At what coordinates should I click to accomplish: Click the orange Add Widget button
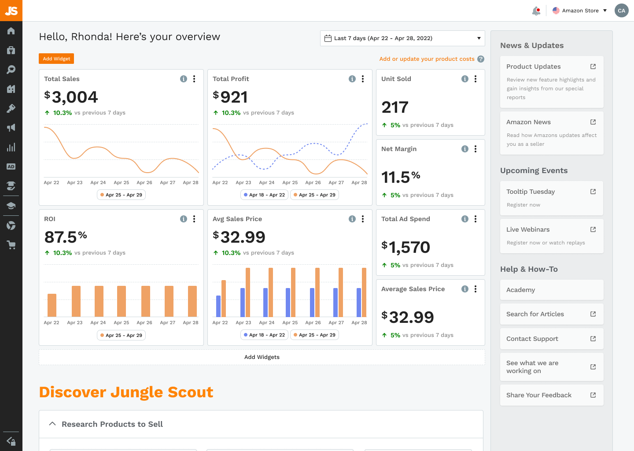coord(56,59)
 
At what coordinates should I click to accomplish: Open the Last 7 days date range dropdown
coord(402,38)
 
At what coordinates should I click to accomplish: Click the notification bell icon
coord(536,11)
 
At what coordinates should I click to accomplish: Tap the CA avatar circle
coord(621,11)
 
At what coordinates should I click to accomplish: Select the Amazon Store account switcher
coord(580,11)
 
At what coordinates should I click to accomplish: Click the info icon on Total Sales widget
coord(184,79)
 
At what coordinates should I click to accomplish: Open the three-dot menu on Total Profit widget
coord(363,79)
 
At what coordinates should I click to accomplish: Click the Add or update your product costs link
coord(427,59)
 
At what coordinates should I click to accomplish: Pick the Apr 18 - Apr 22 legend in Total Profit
coord(264,195)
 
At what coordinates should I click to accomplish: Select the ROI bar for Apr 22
coord(52,305)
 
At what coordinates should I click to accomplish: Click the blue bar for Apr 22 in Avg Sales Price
coord(218,306)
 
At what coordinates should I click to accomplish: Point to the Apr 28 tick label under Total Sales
coord(191,182)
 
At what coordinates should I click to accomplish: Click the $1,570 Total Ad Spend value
coord(405,247)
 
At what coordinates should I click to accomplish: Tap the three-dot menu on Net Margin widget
coord(475,149)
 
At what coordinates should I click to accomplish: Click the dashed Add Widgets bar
coord(262,357)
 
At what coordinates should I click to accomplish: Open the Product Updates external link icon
coord(593,67)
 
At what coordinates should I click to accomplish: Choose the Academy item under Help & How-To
coord(551,290)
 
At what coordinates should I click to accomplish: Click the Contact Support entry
coord(551,339)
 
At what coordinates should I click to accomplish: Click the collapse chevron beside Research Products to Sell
coord(52,424)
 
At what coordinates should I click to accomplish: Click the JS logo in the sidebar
coord(11,11)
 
